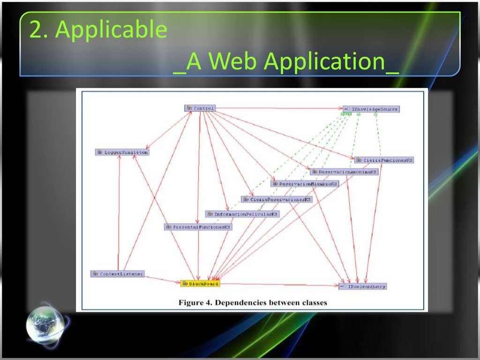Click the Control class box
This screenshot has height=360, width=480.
[200, 108]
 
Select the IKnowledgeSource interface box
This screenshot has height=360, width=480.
[371, 109]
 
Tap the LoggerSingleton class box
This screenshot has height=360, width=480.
[122, 152]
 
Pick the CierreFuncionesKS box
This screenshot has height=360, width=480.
[384, 160]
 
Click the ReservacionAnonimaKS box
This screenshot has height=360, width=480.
[344, 172]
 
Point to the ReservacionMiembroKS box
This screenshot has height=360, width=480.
[304, 184]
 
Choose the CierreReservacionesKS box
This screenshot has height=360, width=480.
[277, 199]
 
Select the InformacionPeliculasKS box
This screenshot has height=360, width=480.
[242, 214]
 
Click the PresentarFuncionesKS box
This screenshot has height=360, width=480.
[198, 227]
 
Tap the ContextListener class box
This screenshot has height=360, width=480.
[117, 274]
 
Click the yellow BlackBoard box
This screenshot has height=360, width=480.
[200, 284]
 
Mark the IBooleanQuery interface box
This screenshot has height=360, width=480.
[363, 286]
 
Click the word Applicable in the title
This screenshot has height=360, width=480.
[111, 30]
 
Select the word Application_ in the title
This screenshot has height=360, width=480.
[331, 63]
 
